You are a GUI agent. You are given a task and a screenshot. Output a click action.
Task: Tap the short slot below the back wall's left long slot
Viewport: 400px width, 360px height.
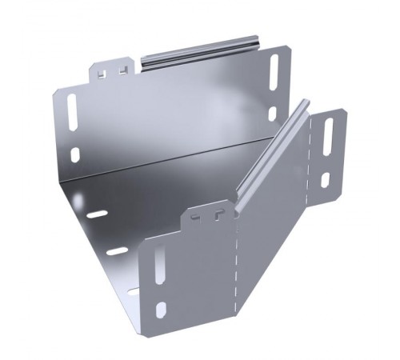[75, 154]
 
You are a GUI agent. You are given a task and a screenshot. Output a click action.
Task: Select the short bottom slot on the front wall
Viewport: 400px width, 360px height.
[161, 308]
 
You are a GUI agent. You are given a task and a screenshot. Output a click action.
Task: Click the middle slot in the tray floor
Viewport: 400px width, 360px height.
[117, 251]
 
